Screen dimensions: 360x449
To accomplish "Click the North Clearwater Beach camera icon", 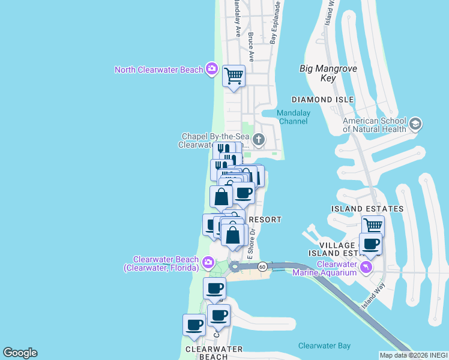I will pyautogui.click(x=211, y=69).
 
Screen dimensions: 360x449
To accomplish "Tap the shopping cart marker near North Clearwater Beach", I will pyautogui.click(x=234, y=76).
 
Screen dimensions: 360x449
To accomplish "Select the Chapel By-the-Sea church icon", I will pyautogui.click(x=259, y=140).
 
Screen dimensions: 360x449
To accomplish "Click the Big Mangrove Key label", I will pyautogui.click(x=327, y=73).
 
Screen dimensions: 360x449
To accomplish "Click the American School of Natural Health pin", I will pyautogui.click(x=415, y=125).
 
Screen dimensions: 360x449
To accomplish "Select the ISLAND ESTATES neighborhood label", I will pyautogui.click(x=367, y=209).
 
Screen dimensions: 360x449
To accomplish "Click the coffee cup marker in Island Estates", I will pyautogui.click(x=370, y=244).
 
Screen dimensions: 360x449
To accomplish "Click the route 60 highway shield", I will pyautogui.click(x=262, y=266).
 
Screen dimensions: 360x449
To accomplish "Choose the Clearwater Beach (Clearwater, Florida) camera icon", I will pyautogui.click(x=208, y=262).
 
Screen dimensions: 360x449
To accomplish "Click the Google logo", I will pyautogui.click(x=20, y=353).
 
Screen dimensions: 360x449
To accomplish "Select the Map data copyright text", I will pyautogui.click(x=413, y=355).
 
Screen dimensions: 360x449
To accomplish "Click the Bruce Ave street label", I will pyautogui.click(x=251, y=47).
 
